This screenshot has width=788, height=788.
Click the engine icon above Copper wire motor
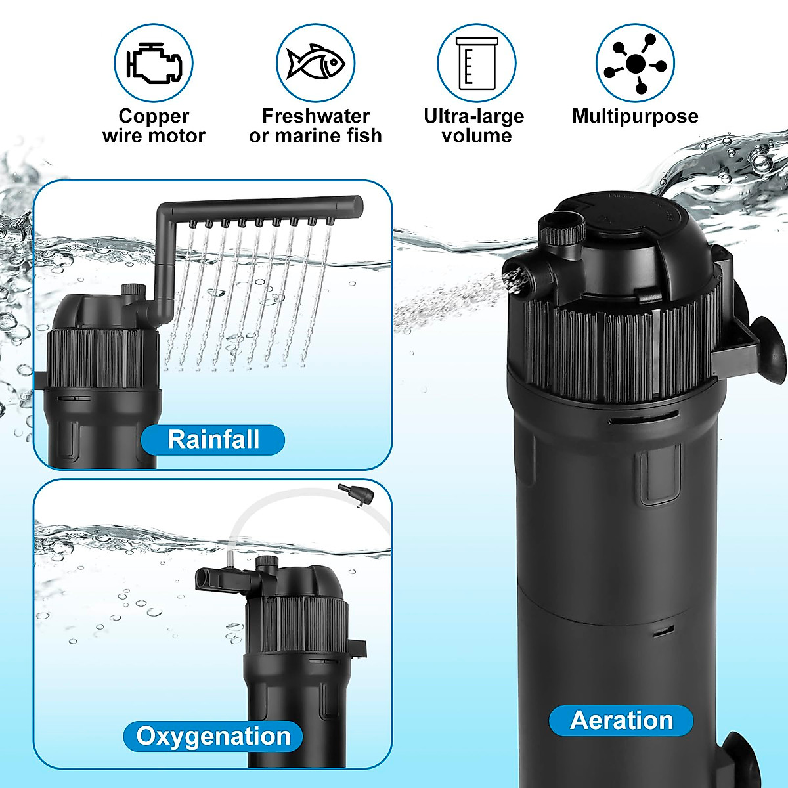[x=154, y=63]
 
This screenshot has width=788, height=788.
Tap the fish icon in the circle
[x=315, y=63]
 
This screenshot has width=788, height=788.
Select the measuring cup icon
[x=477, y=63]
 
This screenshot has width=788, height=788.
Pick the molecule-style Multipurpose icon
[x=635, y=63]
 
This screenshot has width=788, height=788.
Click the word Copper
[x=154, y=116]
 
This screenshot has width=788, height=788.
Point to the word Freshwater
[x=316, y=116]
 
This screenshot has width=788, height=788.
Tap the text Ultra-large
[x=474, y=116]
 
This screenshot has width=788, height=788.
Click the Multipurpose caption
[x=635, y=116]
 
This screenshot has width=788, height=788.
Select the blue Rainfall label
[x=213, y=439]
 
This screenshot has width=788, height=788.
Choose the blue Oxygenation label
[x=213, y=736]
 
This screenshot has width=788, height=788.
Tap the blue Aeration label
[x=621, y=720]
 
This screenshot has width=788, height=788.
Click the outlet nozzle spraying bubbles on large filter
[x=516, y=276]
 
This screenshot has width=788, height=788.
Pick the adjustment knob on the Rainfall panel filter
[x=133, y=290]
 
